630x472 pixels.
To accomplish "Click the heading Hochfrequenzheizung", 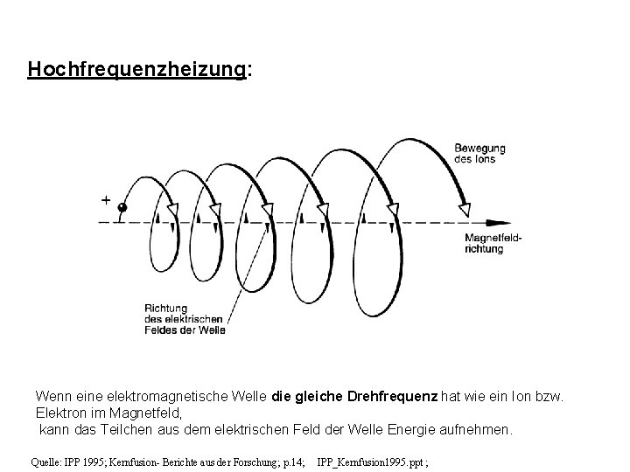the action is pos(137,69).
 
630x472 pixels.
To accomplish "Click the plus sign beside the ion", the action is pos(106,200).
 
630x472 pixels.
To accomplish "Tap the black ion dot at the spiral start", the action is pos(123,208).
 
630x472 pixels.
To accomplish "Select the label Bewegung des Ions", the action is pos(479,153).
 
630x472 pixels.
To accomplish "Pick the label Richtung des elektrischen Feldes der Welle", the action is pos(185,318).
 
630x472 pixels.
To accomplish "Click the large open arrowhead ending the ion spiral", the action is pos(465,208).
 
